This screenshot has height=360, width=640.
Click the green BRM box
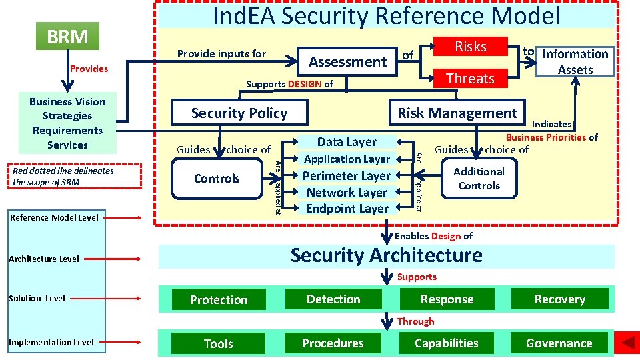tap(67, 36)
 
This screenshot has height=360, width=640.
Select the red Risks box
tap(470, 47)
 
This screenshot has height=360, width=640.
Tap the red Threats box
tap(470, 79)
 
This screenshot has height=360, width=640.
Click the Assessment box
tap(347, 62)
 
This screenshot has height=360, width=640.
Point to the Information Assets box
tap(575, 61)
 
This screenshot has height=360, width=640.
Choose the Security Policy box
tap(239, 113)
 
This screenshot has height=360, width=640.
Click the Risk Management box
tap(457, 113)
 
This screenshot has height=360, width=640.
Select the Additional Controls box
tap(479, 179)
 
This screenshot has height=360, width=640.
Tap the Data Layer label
tap(347, 141)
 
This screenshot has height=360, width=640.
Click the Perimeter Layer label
tap(347, 176)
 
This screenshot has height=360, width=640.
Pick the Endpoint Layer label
tap(347, 209)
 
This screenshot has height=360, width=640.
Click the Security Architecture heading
tap(386, 255)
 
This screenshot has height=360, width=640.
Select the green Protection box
tap(219, 300)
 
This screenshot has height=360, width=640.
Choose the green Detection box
tap(333, 299)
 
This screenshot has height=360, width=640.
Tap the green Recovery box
tap(559, 299)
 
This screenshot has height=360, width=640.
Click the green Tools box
tap(219, 344)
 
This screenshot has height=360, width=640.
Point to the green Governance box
tap(559, 343)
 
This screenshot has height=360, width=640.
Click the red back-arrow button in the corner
tap(627, 343)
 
